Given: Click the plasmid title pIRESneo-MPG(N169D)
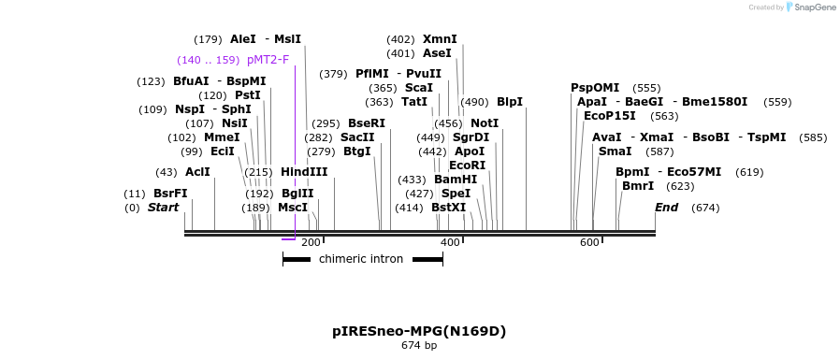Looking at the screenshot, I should (419, 331).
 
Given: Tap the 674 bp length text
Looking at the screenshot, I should (419, 346).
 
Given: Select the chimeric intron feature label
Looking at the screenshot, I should (361, 259).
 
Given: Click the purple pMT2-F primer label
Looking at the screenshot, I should (268, 60).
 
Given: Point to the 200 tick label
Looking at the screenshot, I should (311, 243).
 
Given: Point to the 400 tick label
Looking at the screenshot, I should (450, 243).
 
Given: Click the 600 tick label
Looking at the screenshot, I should (589, 243).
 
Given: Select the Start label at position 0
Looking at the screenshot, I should (163, 208).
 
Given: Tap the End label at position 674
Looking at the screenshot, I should (666, 208).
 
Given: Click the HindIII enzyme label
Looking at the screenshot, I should (304, 172).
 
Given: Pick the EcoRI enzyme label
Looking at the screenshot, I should (467, 166).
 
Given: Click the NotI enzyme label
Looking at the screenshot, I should (485, 123).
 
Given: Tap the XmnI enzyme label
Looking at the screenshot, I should (440, 39).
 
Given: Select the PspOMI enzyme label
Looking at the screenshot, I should (595, 88).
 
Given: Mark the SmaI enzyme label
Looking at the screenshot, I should (615, 151).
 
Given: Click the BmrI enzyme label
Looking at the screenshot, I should (638, 186).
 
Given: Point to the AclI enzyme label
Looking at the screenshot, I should (197, 172).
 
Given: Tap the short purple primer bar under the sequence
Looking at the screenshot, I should (288, 239).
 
